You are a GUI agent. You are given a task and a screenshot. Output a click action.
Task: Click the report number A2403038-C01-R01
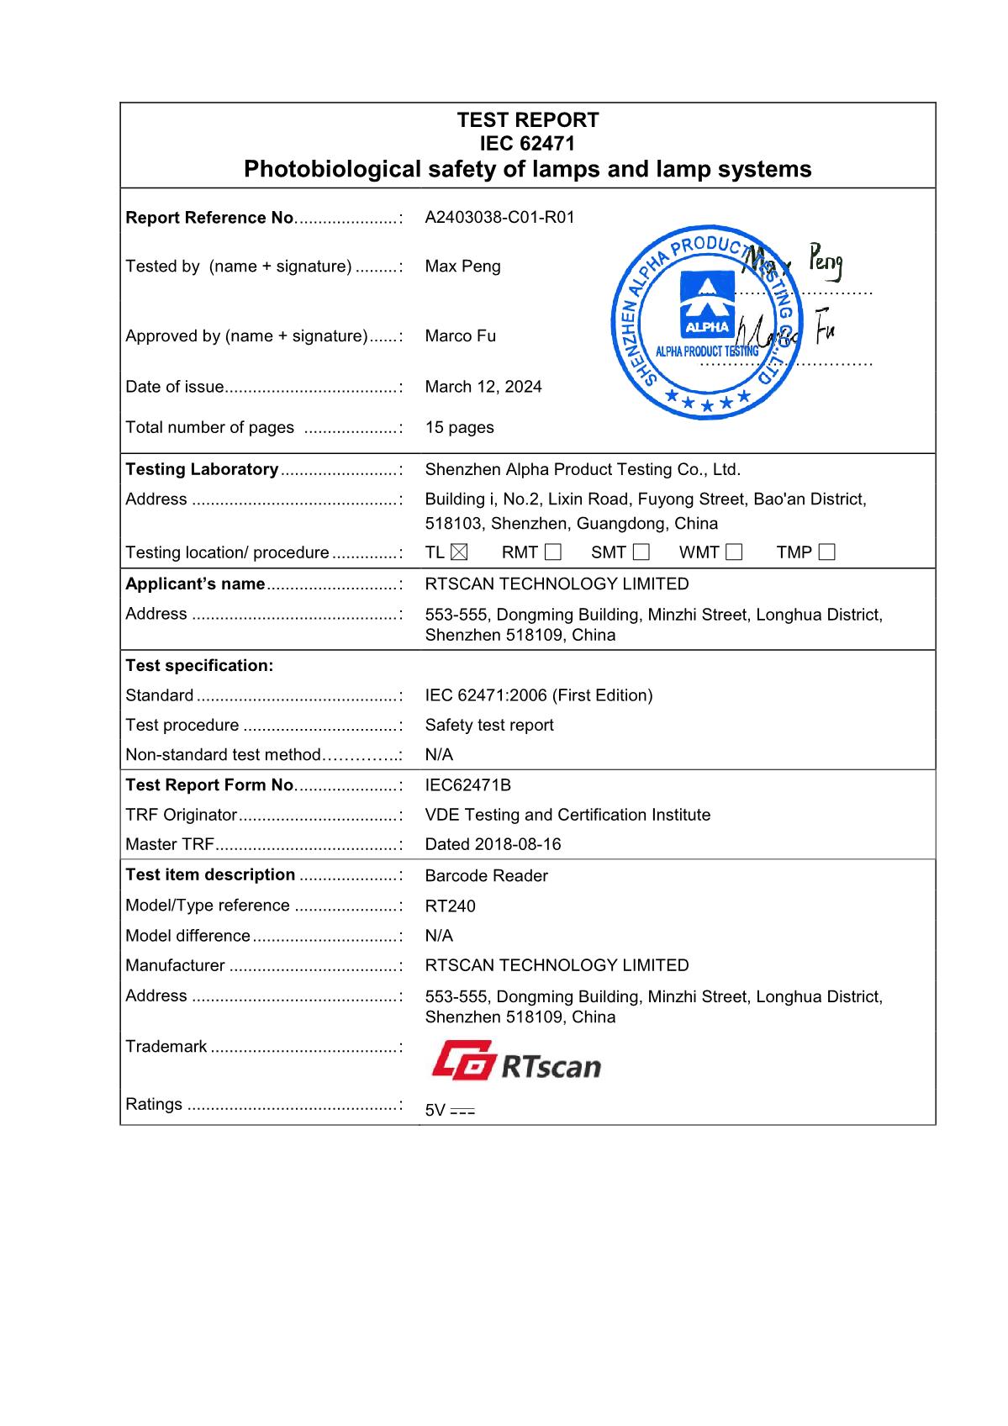pos(499,217)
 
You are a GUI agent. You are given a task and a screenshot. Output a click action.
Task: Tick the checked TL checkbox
pos(459,552)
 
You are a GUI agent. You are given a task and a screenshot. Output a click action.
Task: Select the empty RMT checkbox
pos(552,552)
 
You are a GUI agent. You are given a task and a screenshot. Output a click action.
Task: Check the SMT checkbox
pos(641,552)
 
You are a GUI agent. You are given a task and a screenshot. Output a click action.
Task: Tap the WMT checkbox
pos(734,552)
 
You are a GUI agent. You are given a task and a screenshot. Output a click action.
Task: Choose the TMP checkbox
pos(826,552)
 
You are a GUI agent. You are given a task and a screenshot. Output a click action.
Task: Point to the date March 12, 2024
pos(483,387)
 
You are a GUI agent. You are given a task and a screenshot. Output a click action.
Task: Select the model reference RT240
pos(450,906)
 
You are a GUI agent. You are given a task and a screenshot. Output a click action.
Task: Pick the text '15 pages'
pos(459,427)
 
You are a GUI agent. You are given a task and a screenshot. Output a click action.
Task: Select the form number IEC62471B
pos(467,785)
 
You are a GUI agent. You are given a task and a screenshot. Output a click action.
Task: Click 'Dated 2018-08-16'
pos(493,844)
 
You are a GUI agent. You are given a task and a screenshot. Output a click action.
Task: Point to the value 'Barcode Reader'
pos(486,876)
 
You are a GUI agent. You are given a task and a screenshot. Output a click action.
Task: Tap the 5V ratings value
pos(450,1111)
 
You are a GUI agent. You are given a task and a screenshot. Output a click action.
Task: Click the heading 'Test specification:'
pos(199,666)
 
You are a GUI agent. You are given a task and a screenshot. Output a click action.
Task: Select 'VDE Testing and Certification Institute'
pos(567,815)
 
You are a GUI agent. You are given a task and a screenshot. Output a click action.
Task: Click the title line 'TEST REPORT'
pos(528,119)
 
